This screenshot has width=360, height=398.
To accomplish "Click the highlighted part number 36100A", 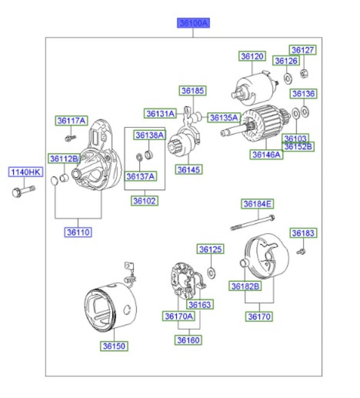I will tap(193, 23).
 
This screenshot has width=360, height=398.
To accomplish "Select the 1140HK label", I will tap(25, 172).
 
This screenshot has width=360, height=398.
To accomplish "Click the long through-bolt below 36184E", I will tap(253, 223).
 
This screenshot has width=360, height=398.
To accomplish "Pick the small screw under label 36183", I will tap(301, 251).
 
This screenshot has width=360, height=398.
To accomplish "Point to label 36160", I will tap(189, 340).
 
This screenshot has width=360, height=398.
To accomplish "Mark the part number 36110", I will tap(78, 232).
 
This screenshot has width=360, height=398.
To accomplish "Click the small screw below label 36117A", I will tap(70, 138).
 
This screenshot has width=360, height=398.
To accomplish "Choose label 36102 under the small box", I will tap(145, 201).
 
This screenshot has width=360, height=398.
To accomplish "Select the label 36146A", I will tap(267, 154).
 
